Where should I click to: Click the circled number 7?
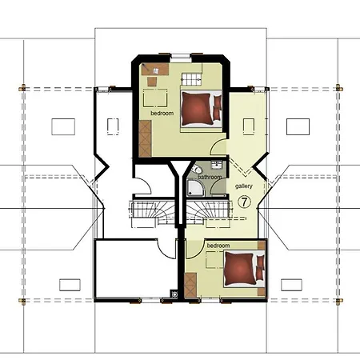coord(246,202)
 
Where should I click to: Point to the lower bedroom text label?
coord(218,245)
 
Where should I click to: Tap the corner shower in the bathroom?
coord(194,188)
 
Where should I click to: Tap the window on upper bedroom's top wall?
coord(181,57)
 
